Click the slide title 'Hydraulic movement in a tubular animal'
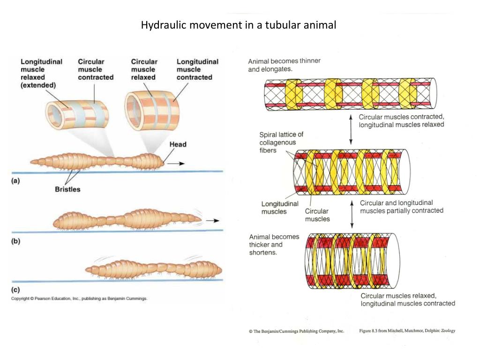pyautogui.click(x=239, y=25)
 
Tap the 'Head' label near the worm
pyautogui.click(x=178, y=144)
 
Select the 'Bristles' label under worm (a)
pyautogui.click(x=67, y=189)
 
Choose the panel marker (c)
pyautogui.click(x=16, y=290)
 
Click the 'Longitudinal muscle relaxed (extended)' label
pyautogui.click(x=41, y=74)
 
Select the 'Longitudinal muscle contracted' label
pyautogui.click(x=197, y=69)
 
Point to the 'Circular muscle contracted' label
pyautogui.click(x=96, y=69)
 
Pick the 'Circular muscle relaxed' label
pyautogui.click(x=144, y=69)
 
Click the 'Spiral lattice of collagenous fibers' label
pyautogui.click(x=281, y=142)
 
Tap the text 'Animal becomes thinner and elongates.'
pyautogui.click(x=284, y=65)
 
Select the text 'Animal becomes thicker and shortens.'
pyautogui.click(x=274, y=244)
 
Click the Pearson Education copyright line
pyautogui.click(x=79, y=299)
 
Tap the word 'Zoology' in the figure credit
pyautogui.click(x=448, y=330)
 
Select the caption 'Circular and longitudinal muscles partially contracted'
pyautogui.click(x=401, y=207)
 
